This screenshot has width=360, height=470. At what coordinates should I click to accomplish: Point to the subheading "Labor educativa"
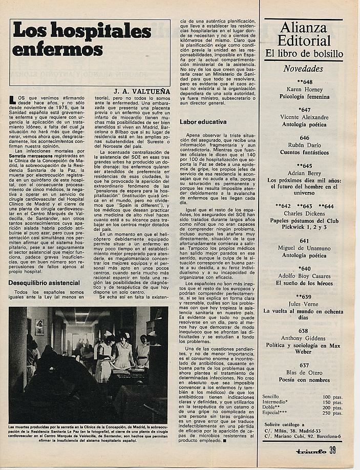(x=203, y=122)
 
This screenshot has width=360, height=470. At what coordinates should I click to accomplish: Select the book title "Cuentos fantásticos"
(x=304, y=153)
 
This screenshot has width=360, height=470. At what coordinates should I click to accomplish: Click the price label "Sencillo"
(x=272, y=397)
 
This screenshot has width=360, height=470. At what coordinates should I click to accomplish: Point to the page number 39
(x=333, y=450)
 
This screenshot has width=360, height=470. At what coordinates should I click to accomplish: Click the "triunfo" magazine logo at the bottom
(x=309, y=451)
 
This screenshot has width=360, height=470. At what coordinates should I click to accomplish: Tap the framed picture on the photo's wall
(x=39, y=327)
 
